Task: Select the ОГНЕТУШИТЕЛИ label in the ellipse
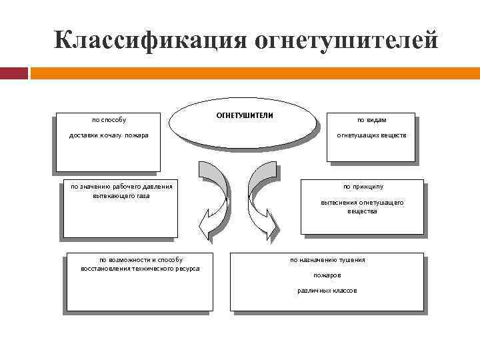(x=245, y=115)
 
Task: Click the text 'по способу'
(x=109, y=120)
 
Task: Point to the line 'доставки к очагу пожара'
(x=109, y=135)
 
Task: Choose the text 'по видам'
(x=371, y=120)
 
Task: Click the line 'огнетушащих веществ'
(x=371, y=135)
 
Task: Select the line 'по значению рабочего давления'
(x=121, y=187)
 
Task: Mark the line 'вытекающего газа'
(x=121, y=196)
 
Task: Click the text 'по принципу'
(x=363, y=187)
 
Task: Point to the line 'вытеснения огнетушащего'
(x=362, y=202)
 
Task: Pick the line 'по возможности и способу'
(x=141, y=259)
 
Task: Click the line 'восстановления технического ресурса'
(x=140, y=268)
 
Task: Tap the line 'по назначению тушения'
(x=327, y=259)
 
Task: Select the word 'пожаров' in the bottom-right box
(x=327, y=275)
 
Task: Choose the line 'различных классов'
(x=327, y=291)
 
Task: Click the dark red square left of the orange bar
(x=14, y=73)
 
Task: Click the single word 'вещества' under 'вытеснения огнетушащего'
(x=362, y=211)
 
